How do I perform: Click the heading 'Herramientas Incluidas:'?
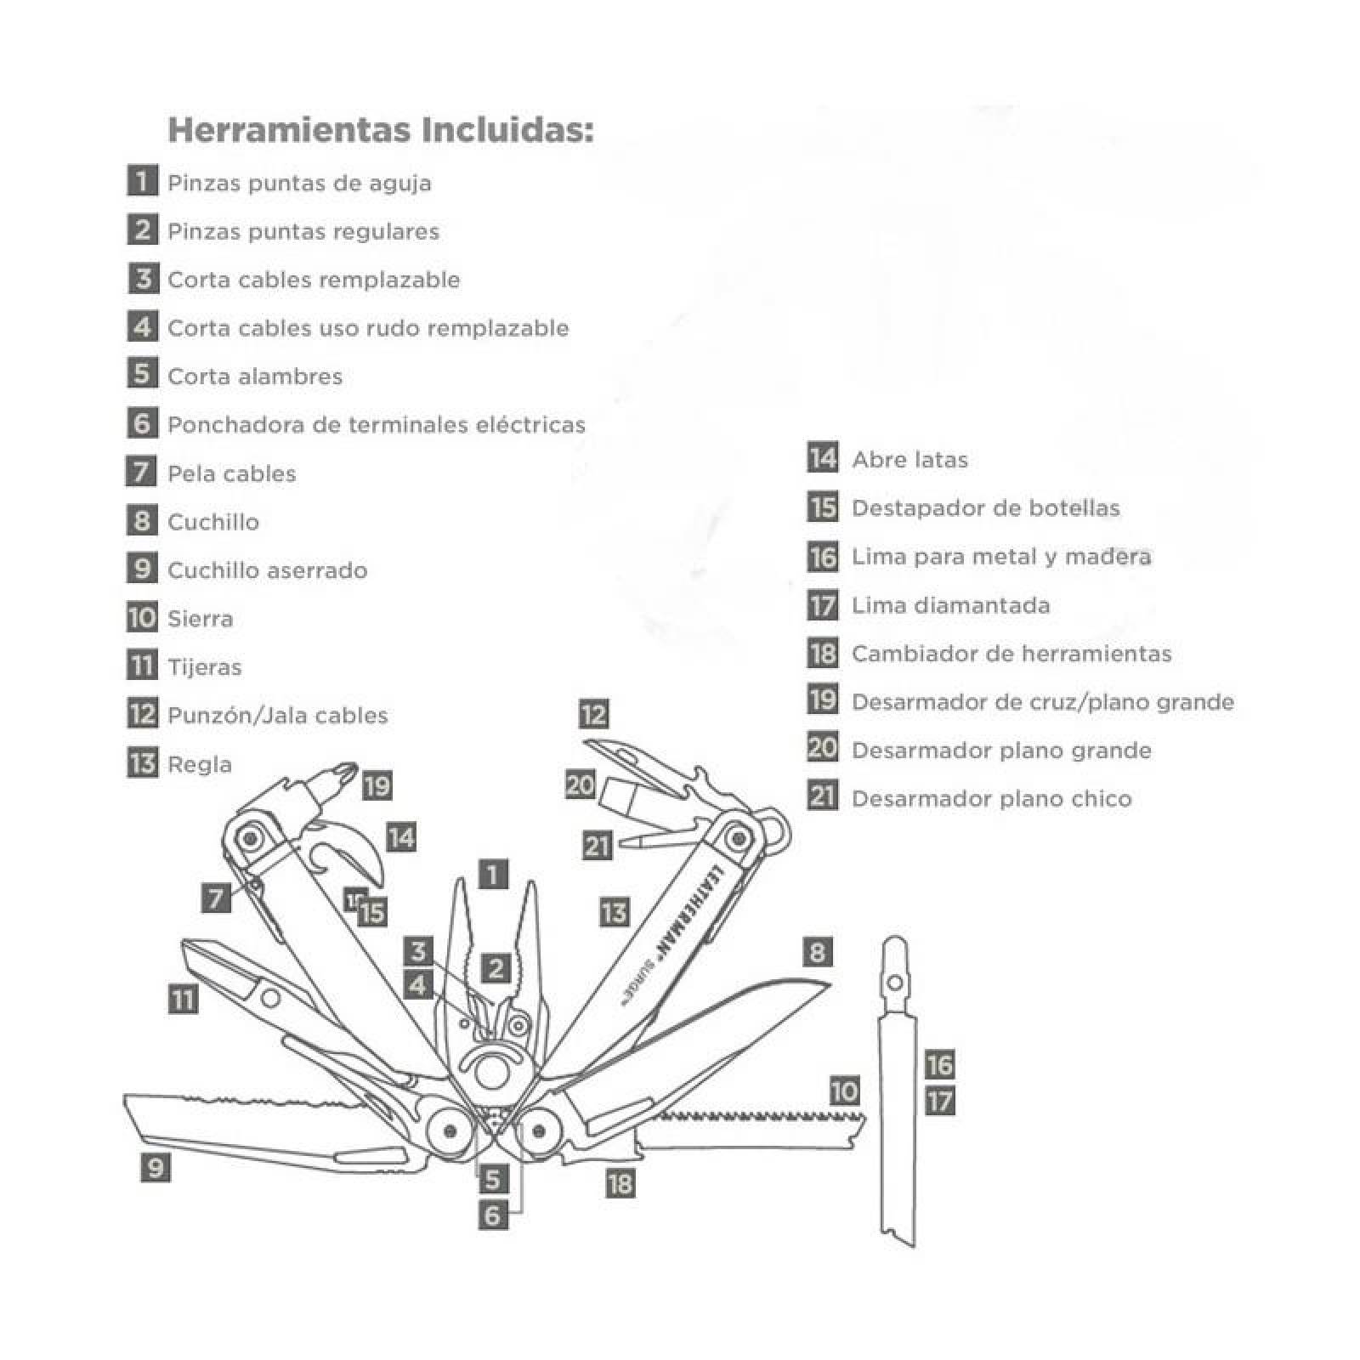380,130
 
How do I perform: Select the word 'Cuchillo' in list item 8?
213,521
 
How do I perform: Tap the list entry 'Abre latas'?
909,459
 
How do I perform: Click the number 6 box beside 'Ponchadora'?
142,422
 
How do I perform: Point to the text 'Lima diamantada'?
950,604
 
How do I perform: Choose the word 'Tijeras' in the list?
204,666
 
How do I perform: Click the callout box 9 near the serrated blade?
155,1167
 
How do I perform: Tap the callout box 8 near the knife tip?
817,951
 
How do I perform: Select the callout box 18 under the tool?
620,1182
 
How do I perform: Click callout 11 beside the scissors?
184,999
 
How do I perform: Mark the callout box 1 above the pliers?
493,874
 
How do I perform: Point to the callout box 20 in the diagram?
580,785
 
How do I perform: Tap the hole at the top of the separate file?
894,983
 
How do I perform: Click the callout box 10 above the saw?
844,1091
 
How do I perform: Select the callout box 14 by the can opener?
400,837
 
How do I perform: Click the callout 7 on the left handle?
216,898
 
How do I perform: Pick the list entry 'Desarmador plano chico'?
991,798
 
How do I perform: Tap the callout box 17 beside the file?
939,1102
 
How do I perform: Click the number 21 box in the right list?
822,796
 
